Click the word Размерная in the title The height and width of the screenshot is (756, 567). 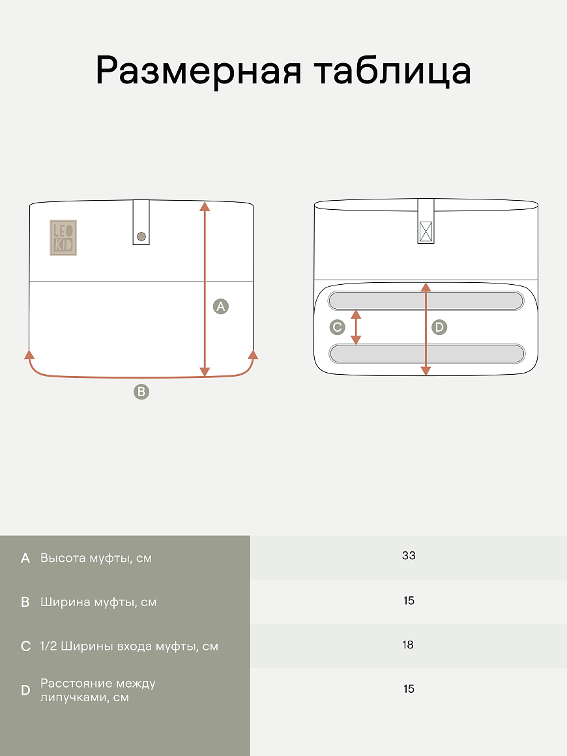tap(199, 71)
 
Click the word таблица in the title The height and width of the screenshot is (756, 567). tap(392, 70)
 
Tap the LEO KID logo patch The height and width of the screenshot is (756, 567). tap(63, 238)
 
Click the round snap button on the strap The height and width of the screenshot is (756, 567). tap(141, 236)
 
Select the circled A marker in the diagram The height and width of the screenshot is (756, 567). tap(221, 306)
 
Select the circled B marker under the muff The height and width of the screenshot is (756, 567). tap(141, 392)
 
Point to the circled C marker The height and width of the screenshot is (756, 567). tap(338, 327)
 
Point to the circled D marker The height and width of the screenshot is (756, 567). tap(439, 327)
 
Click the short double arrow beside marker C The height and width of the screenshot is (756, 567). tap(356, 327)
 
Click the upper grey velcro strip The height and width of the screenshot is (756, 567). tap(426, 301)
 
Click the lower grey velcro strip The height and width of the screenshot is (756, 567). tap(427, 353)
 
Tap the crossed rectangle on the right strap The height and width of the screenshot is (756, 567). tap(426, 231)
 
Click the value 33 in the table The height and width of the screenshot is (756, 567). tap(409, 555)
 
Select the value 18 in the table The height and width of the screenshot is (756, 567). tap(408, 645)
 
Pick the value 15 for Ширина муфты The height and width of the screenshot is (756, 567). tap(409, 601)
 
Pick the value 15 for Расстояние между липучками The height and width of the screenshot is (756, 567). tap(409, 689)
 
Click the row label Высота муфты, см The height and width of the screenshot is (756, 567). tap(96, 559)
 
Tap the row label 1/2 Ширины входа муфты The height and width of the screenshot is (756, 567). tap(129, 647)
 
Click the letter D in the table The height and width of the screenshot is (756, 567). tap(25, 690)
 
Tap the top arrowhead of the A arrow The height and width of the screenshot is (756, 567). tap(205, 207)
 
